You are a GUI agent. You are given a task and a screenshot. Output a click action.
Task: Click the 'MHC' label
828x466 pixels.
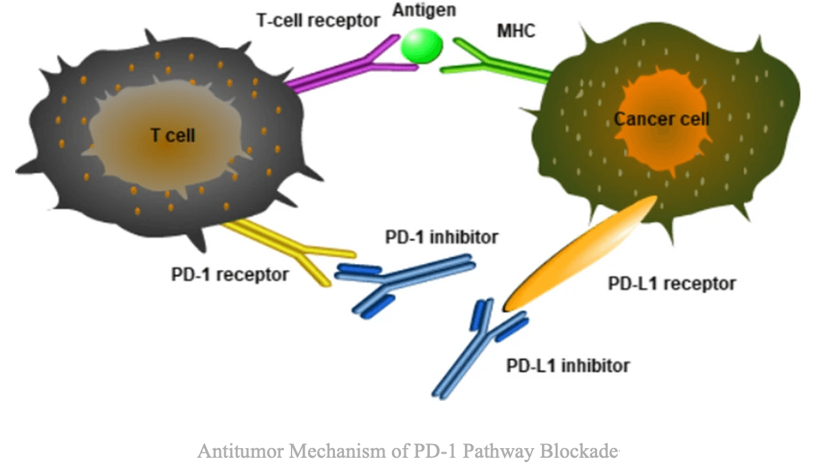click(x=516, y=32)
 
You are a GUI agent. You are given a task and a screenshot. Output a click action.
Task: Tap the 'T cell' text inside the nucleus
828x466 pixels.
click(x=173, y=135)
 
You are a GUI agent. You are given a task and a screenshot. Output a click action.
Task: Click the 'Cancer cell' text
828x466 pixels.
click(x=661, y=119)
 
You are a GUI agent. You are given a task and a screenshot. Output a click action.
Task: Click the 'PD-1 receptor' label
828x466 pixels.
click(x=230, y=275)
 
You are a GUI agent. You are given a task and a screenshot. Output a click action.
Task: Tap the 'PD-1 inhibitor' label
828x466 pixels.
click(x=440, y=238)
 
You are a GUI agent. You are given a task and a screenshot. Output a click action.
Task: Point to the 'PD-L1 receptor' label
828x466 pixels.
click(x=672, y=283)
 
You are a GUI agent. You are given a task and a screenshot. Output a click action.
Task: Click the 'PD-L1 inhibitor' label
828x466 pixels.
click(x=567, y=365)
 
